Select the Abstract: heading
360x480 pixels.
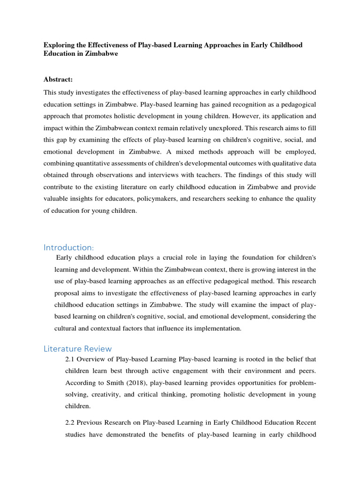click(58, 80)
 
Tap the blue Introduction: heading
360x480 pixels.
click(69, 247)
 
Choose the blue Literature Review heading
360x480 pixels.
click(78, 348)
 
